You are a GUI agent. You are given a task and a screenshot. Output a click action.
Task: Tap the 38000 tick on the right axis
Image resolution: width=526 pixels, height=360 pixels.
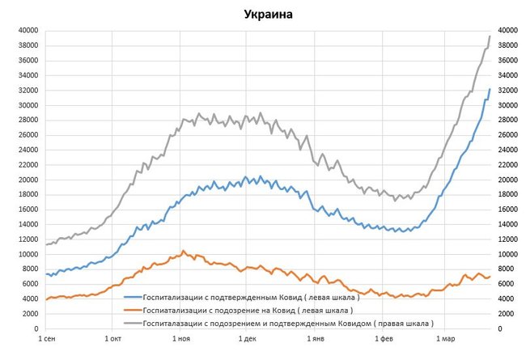click(507, 45)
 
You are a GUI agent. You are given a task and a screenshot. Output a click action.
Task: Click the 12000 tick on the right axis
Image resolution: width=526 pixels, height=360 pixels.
click(507, 240)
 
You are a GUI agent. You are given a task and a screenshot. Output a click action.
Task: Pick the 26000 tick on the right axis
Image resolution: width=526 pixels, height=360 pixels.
click(507, 135)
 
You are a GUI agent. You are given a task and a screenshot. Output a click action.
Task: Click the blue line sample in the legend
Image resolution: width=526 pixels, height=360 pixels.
click(132, 296)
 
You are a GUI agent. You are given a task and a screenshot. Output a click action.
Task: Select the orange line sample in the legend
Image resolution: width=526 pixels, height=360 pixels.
click(132, 310)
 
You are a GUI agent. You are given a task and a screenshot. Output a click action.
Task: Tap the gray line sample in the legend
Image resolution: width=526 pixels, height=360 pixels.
click(132, 323)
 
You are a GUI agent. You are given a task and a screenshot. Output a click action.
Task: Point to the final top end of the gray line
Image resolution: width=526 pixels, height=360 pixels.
click(490, 36)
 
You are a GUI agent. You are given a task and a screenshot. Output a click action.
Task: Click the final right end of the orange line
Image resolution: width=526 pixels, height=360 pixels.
click(490, 277)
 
